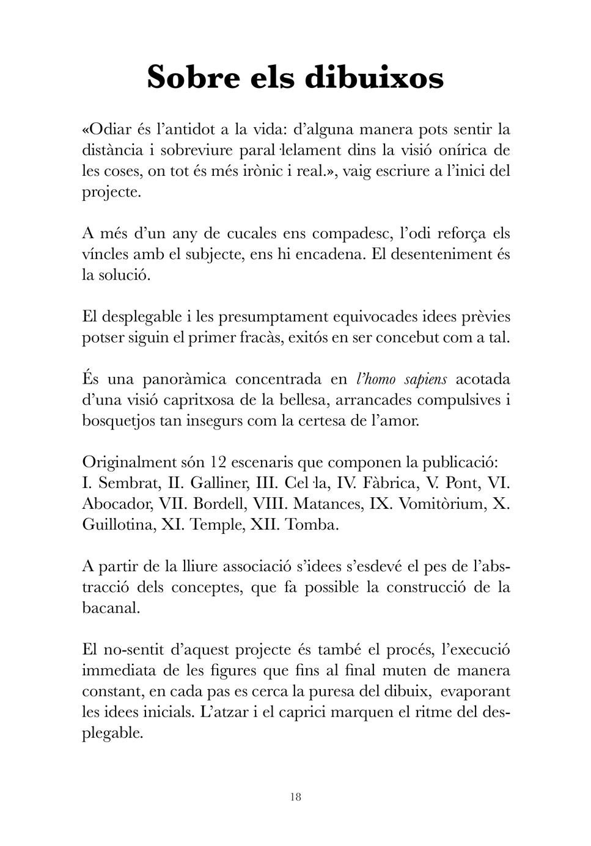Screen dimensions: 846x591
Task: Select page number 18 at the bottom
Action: [296, 797]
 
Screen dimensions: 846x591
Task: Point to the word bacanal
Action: [111, 608]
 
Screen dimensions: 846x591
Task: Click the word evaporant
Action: [475, 691]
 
